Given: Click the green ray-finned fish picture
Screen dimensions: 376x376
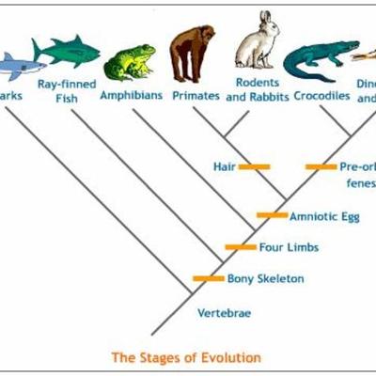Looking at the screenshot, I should (65, 50).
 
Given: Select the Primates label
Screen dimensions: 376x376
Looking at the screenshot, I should (196, 96).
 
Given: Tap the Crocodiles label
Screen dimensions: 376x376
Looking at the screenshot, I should (321, 96).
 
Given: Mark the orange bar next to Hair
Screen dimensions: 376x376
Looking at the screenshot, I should (254, 166).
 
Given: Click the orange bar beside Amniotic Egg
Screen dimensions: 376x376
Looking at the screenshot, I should (272, 215).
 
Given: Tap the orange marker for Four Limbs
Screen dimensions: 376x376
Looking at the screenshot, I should (241, 247).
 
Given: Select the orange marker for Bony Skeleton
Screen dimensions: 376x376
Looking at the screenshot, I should (208, 278).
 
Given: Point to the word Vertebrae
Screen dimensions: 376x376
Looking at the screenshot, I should (223, 313).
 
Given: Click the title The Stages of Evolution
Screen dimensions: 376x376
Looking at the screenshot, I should (186, 357).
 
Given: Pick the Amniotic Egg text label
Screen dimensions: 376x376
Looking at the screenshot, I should (323, 216).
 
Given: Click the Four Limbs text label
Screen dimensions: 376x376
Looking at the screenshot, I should (290, 248).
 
